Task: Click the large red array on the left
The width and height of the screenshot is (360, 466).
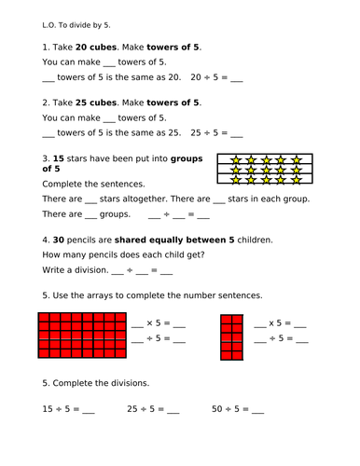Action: [82, 336]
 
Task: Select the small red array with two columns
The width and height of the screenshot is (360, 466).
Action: [230, 336]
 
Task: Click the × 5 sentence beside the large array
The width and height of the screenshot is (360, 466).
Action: [160, 325]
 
